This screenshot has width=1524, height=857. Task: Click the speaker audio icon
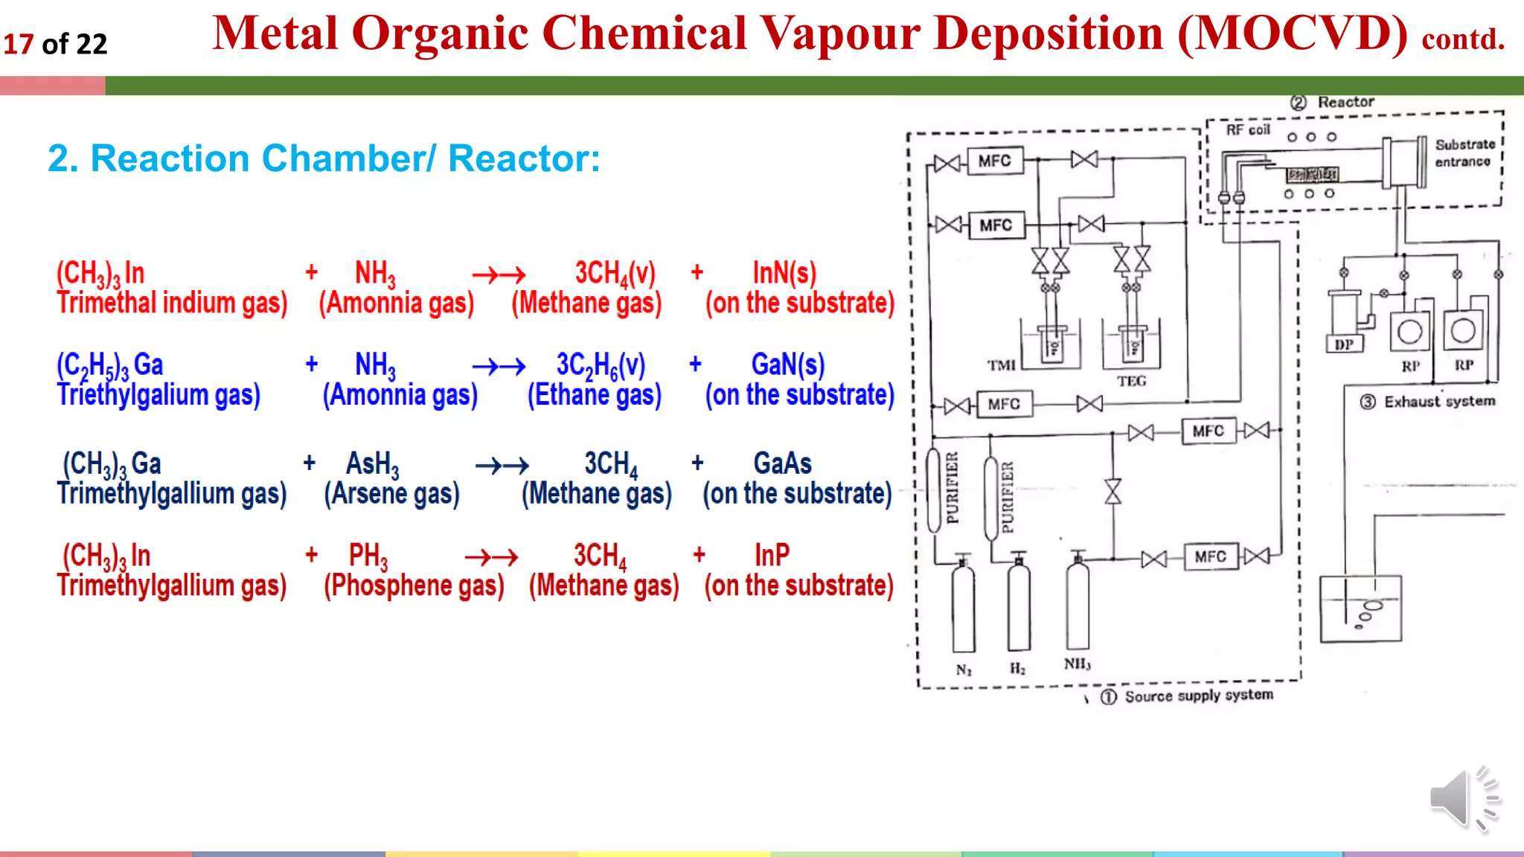(x=1463, y=798)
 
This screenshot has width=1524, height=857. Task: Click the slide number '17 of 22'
(x=55, y=44)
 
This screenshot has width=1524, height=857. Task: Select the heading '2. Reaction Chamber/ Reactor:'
(x=324, y=158)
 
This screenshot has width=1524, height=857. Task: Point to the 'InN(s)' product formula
(x=784, y=273)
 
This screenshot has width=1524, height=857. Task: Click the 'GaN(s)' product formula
(x=787, y=365)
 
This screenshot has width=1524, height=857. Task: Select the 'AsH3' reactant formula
(x=372, y=464)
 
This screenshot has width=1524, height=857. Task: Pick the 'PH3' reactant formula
(x=368, y=556)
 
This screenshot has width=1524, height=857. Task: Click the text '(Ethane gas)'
(x=594, y=395)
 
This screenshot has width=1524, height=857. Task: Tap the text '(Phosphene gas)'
(x=414, y=585)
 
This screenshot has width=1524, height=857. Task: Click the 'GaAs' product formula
(x=782, y=463)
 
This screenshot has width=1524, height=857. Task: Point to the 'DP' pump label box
(x=1344, y=344)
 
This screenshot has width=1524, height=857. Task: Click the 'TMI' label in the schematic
(x=1002, y=365)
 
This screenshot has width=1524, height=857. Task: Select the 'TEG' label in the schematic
(x=1131, y=381)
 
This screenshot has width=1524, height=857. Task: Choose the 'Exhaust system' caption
(x=1438, y=402)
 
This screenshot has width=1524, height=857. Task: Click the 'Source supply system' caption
(x=1198, y=696)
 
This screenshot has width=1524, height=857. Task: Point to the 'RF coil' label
(x=1248, y=130)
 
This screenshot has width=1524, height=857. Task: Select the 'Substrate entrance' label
(x=1464, y=153)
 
